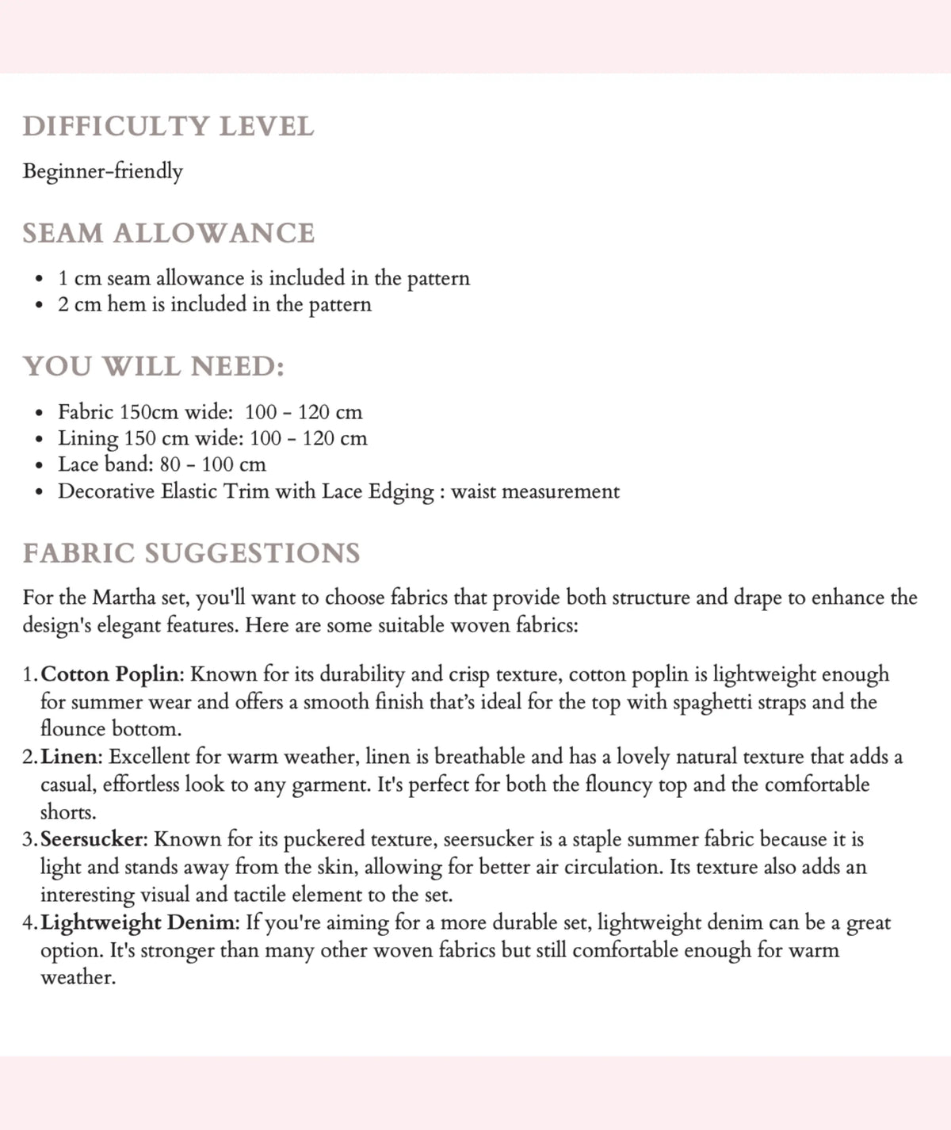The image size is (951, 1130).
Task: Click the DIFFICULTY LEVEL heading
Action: point(168,127)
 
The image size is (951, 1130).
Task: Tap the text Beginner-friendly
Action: point(102,171)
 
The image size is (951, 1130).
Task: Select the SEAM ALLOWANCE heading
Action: point(168,233)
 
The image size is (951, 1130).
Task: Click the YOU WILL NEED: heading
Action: point(153,366)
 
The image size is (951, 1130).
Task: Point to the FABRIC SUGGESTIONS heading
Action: point(191,553)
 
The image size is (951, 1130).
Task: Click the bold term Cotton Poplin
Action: point(112,674)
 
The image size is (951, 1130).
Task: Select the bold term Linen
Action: point(69,757)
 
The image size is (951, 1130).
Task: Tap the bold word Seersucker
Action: point(94,839)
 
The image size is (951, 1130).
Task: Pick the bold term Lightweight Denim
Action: point(139,922)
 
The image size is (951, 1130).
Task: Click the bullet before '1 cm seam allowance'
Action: point(39,279)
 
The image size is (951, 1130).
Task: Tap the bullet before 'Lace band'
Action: point(39,465)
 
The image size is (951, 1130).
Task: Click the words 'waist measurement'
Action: point(535,492)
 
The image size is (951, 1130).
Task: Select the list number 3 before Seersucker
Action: point(29,839)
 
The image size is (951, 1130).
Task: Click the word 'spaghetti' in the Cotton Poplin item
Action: point(709,702)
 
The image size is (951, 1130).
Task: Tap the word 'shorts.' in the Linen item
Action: point(68,812)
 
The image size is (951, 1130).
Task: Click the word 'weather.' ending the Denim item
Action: point(78,977)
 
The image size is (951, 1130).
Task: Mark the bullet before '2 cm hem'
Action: point(39,305)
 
